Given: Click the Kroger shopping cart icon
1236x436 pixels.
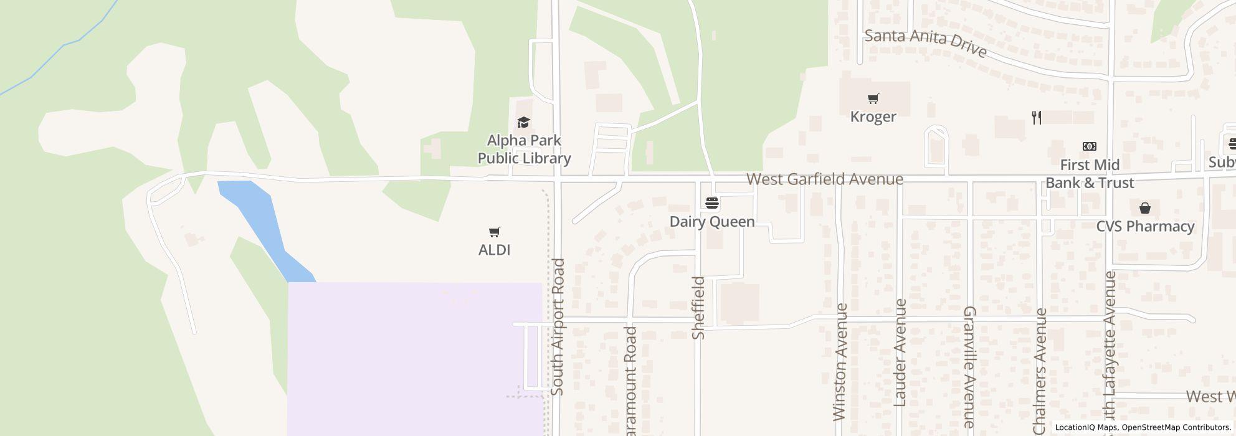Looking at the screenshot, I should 873,98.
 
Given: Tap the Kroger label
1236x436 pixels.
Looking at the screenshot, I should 873,117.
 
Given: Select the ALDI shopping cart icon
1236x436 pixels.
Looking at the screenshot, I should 494,232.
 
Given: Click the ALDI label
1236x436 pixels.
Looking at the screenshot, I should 494,250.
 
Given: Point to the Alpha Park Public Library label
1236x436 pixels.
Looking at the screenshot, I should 524,149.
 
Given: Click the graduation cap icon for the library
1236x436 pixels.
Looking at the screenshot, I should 523,122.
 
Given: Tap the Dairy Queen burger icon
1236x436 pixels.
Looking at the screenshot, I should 712,203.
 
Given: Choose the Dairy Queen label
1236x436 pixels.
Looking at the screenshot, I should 712,222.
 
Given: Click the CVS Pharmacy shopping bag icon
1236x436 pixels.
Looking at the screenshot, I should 1144,208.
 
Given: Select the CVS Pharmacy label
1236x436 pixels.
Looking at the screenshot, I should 1145,226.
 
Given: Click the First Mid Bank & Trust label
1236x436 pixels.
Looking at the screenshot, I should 1090,174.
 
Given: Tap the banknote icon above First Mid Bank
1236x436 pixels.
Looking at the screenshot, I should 1090,146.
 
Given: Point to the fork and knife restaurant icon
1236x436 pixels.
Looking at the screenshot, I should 1037,117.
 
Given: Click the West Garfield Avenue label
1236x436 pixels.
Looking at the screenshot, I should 825,179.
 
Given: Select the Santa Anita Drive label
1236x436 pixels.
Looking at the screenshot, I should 926,42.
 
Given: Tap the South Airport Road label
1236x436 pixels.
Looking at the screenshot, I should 558,326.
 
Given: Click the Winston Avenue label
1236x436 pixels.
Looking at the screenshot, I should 840,361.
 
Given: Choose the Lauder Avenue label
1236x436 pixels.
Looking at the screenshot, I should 900,353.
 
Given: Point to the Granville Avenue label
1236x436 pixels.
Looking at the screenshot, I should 969,370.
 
